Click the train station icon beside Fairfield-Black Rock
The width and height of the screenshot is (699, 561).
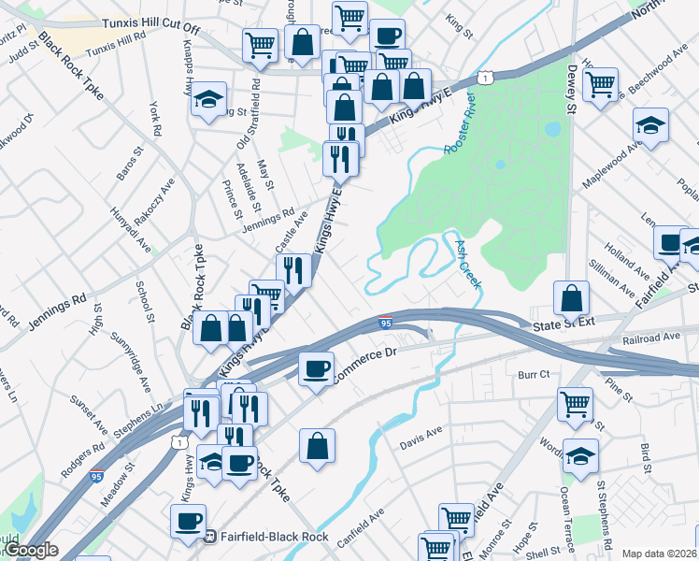[x=211, y=537]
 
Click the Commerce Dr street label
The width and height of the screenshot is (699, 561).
[x=365, y=360]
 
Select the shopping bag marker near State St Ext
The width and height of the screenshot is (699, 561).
[x=572, y=298]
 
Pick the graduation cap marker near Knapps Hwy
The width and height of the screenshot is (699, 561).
[x=209, y=99]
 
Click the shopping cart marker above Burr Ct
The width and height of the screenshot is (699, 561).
[x=576, y=405]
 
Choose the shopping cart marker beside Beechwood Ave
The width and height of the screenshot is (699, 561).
[x=600, y=83]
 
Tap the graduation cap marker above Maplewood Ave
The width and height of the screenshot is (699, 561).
[x=650, y=124]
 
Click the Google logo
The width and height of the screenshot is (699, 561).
[x=30, y=550]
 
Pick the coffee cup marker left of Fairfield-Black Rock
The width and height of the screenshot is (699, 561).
[x=187, y=521]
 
